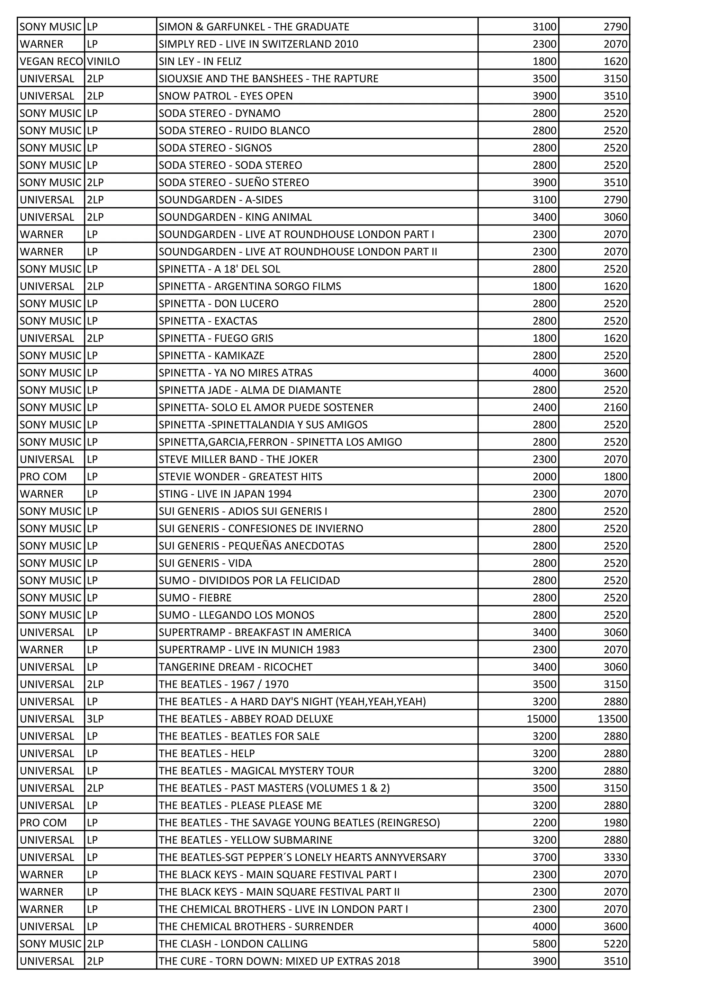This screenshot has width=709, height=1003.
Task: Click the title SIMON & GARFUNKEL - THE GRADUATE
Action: pyautogui.click(x=254, y=27)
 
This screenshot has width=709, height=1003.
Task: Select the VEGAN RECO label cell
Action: pyautogui.click(x=51, y=61)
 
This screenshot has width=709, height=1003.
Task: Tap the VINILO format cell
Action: pyautogui.click(x=103, y=61)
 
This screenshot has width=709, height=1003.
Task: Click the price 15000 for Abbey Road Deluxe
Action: pyautogui.click(x=541, y=719)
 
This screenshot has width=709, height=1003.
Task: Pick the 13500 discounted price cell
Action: pyautogui.click(x=612, y=719)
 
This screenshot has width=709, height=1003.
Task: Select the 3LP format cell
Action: pyautogui.click(x=95, y=719)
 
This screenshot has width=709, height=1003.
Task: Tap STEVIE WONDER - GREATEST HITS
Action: pyautogui.click(x=240, y=477)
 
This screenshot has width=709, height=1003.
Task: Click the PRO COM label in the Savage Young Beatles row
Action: pyautogui.click(x=43, y=823)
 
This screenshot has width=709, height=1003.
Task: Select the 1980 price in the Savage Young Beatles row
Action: pyautogui.click(x=615, y=823)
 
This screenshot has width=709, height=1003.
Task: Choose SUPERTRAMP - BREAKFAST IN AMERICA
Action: pyautogui.click(x=254, y=632)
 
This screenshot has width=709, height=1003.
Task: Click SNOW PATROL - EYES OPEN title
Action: pyautogui.click(x=225, y=96)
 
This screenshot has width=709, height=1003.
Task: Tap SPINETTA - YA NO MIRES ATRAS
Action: pyautogui.click(x=235, y=373)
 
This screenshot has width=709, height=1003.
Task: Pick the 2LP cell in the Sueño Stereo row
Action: pyautogui.click(x=95, y=182)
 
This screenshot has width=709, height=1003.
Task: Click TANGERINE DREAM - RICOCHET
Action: pyautogui.click(x=235, y=667)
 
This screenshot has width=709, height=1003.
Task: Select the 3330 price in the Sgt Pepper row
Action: pyautogui.click(x=615, y=857)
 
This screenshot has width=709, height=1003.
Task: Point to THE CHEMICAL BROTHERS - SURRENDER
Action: pyautogui.click(x=256, y=926)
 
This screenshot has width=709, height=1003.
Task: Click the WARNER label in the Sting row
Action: pyautogui.click(x=42, y=494)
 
